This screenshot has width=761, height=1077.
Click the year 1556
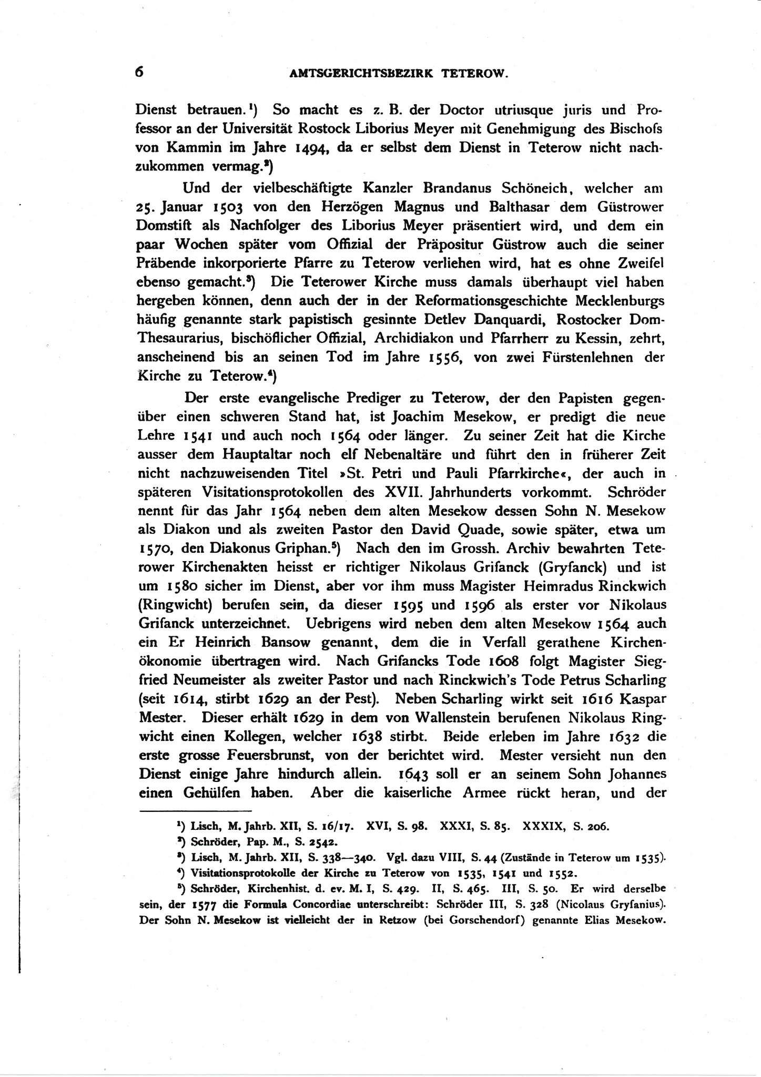[x=446, y=358]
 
